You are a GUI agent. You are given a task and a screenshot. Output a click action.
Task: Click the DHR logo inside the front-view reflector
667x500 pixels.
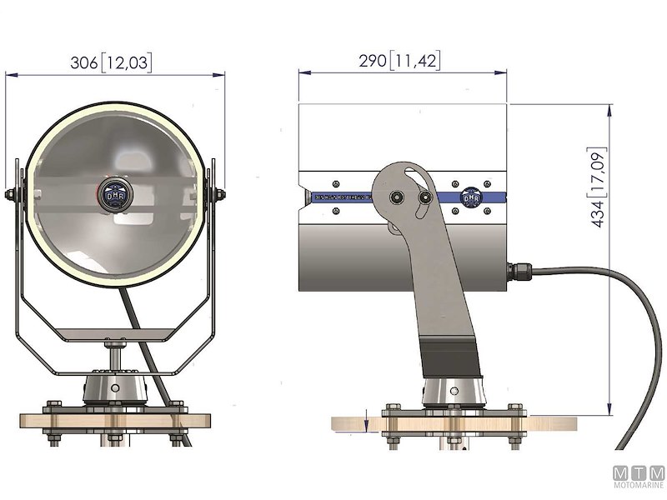114,194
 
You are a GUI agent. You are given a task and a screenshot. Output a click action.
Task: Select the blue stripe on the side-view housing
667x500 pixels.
350,197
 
